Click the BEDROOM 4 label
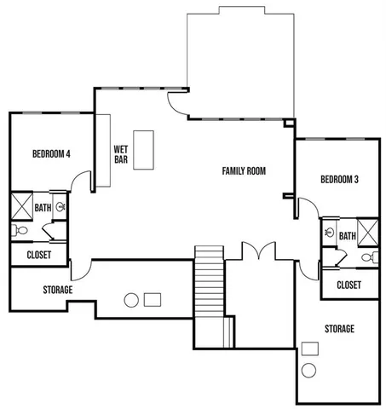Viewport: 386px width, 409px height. tap(51, 154)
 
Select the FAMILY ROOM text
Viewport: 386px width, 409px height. tap(244, 171)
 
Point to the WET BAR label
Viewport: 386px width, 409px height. tap(121, 153)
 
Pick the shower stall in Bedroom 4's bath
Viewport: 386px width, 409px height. tap(20, 205)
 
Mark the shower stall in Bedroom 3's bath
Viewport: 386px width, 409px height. tap(368, 231)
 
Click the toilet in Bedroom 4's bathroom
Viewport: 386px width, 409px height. tap(22, 230)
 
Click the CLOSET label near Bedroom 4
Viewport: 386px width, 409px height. tap(38, 255)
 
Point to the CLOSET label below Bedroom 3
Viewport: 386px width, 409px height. tap(349, 285)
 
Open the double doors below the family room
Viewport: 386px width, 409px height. tap(256, 253)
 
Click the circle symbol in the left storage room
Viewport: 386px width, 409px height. tap(131, 300)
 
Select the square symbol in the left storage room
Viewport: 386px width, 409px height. tap(153, 299)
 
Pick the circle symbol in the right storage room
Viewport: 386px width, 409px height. tap(309, 370)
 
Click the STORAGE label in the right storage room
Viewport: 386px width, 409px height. tap(339, 329)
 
